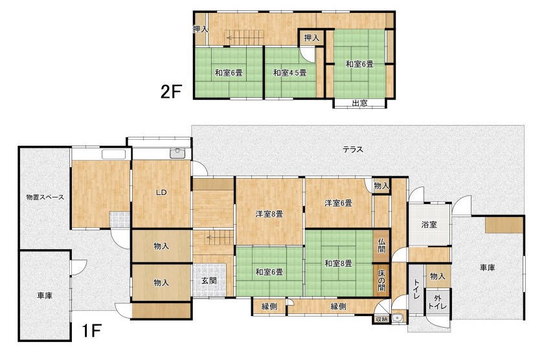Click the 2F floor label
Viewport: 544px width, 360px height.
point(171,91)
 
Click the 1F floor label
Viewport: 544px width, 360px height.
point(91,331)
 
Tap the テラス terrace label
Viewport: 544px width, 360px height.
point(353,150)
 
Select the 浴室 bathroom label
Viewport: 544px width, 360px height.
point(429,225)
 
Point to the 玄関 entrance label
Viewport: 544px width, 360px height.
point(209,280)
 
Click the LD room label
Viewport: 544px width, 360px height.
point(161,192)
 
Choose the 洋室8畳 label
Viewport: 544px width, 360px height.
point(269,214)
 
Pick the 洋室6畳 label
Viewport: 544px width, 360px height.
point(338,203)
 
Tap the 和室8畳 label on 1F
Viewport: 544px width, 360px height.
point(338,264)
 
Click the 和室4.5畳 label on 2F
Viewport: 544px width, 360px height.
point(289,73)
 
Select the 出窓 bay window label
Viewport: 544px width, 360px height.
point(359,104)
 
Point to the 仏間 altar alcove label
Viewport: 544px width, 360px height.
point(381,245)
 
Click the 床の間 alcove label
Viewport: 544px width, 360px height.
point(381,280)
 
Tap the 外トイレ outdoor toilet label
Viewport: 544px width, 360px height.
point(438,302)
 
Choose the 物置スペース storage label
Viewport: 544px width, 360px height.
point(45,197)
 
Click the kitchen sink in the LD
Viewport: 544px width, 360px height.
point(177,153)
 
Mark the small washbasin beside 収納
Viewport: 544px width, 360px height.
point(398,318)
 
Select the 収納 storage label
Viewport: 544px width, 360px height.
point(381,319)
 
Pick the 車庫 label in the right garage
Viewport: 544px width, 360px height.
point(488,268)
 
